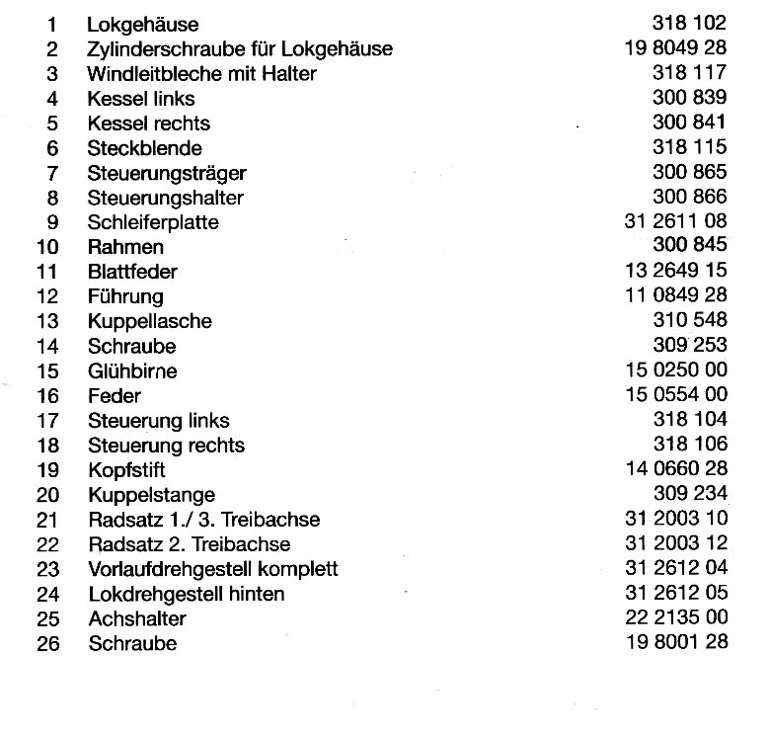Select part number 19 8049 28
[x=675, y=48]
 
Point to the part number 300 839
[x=689, y=98]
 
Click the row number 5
[x=52, y=123]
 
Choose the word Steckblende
[x=144, y=148]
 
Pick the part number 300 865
[x=689, y=173]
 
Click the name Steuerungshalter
[x=166, y=198]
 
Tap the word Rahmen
[x=125, y=247]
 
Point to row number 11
[x=47, y=272]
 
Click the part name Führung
[x=125, y=296]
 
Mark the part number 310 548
[x=689, y=321]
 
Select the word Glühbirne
[x=132, y=371]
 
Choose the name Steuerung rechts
[x=166, y=446]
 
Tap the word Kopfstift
[x=127, y=470]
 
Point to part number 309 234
[x=689, y=494]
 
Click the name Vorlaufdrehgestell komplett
[x=212, y=569]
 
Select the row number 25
[x=47, y=619]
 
